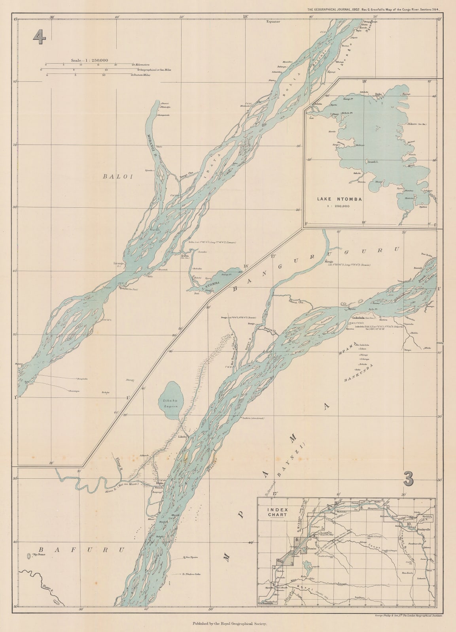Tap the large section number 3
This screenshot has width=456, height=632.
[409, 479]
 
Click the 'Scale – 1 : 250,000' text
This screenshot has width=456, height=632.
[89, 60]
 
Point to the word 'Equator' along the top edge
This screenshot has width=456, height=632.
[273, 22]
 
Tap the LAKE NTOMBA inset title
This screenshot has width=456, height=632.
[339, 199]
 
